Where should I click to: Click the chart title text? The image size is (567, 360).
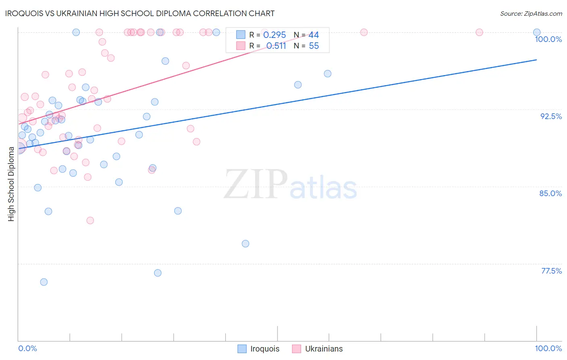(140, 13)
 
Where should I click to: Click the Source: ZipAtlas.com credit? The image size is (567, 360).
(531, 14)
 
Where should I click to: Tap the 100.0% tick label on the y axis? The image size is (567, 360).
(548, 39)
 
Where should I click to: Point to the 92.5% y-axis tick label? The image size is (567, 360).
(551, 116)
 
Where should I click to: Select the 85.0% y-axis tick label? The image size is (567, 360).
(550, 193)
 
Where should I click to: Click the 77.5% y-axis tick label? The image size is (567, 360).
(551, 271)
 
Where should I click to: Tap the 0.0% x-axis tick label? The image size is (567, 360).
(27, 348)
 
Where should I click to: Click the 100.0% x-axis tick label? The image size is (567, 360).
(548, 348)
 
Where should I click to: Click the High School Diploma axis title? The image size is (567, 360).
(11, 184)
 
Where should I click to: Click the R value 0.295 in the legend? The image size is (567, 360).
(274, 35)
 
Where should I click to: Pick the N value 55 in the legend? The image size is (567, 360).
(314, 46)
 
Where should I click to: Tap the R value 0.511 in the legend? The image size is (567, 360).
(276, 46)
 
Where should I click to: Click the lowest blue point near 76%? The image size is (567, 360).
(44, 282)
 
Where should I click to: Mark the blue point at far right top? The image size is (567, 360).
(537, 32)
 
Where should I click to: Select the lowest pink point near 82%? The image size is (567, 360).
(90, 220)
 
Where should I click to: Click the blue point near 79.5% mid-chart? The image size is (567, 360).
(245, 244)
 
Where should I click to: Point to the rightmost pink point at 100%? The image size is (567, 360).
(479, 32)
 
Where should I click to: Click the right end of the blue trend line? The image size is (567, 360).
(537, 60)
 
